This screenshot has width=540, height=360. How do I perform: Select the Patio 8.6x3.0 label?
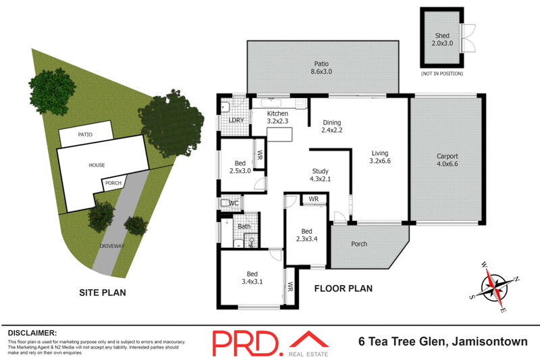(321, 67)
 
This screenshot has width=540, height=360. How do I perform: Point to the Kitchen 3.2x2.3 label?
(277, 118)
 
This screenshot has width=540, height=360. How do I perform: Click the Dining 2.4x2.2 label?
(333, 126)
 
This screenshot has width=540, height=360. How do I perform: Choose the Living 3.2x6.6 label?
(381, 157)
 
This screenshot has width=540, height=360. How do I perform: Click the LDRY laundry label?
(236, 120)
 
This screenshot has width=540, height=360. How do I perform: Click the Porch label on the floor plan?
(359, 244)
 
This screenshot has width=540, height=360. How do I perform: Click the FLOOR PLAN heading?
(344, 288)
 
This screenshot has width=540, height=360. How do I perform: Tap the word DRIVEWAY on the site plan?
(111, 246)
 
